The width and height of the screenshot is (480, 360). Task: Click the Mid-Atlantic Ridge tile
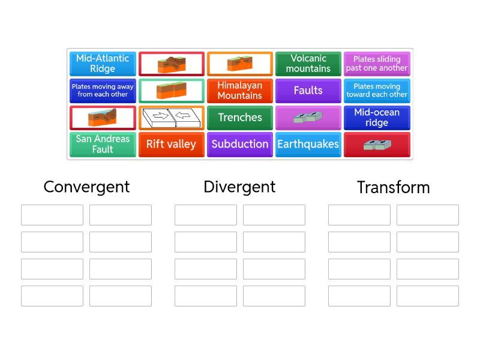[x=103, y=64]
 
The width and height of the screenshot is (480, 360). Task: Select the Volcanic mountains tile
[x=308, y=64]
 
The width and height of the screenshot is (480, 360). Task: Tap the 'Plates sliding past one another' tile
[x=377, y=64]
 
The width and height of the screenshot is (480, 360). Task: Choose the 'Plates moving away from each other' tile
[x=103, y=91]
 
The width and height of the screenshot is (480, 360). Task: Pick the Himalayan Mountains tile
[x=239, y=91]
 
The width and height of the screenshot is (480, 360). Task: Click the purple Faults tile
[x=308, y=91]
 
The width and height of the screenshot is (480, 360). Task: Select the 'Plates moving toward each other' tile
[x=377, y=91]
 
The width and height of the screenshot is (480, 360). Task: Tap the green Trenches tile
[x=239, y=118]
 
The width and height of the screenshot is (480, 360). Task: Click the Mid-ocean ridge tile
[x=377, y=118]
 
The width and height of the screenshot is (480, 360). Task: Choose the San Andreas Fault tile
[x=103, y=145]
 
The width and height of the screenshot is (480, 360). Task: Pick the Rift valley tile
[x=171, y=145]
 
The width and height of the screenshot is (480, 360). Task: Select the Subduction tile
[x=239, y=145]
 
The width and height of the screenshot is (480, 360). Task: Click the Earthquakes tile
[x=308, y=145]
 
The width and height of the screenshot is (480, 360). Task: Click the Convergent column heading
[x=86, y=187]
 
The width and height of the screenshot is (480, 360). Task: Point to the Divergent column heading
[x=239, y=187]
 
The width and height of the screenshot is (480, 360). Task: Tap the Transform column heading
[x=394, y=187]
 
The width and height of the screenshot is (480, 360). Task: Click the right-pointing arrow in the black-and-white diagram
[x=160, y=116]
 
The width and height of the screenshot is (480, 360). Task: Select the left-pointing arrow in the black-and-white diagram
[x=183, y=116]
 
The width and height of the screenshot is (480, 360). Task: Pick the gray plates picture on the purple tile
[x=308, y=117]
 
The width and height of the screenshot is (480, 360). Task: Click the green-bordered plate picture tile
[x=171, y=91]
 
